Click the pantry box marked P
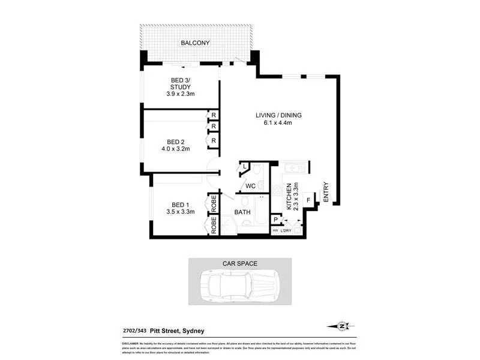(276, 220)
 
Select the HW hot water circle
(275, 230)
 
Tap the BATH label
(242, 212)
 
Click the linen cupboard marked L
(245, 166)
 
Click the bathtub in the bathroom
(261, 210)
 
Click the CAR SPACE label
(239, 264)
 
